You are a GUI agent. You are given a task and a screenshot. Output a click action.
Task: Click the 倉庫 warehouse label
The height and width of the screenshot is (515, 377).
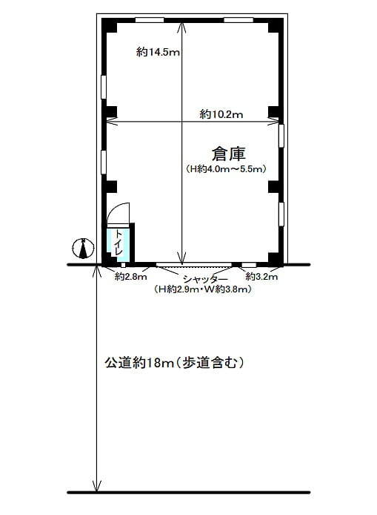228,154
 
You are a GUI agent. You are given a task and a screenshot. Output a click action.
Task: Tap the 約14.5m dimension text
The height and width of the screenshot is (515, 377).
159,52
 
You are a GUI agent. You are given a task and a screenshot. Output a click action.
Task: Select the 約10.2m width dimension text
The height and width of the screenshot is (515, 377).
221,114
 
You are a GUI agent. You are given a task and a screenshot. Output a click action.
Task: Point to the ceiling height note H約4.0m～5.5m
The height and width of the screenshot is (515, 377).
226,168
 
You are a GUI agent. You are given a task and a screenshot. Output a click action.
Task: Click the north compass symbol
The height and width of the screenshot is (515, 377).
84,248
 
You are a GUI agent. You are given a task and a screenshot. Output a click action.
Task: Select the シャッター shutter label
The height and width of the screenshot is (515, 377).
205,280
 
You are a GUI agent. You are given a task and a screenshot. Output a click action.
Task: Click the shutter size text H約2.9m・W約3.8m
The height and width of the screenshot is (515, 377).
203,289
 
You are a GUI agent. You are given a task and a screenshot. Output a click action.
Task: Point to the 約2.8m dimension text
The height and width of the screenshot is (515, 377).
131,277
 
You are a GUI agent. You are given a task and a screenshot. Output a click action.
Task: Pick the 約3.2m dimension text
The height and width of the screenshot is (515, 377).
261,277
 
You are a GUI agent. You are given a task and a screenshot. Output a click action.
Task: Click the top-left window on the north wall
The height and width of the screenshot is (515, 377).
150,20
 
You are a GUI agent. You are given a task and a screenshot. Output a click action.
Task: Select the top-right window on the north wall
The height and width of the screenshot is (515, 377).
238,20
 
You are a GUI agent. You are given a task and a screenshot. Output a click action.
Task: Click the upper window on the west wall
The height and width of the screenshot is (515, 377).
104,87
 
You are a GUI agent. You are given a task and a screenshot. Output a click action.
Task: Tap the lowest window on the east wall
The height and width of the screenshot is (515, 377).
281,214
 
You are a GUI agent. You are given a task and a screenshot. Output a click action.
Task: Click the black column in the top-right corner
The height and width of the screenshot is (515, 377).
276,25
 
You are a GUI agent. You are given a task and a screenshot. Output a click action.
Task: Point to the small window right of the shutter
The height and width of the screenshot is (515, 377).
249,265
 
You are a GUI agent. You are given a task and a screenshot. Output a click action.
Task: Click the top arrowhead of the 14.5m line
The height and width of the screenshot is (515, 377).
182,26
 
